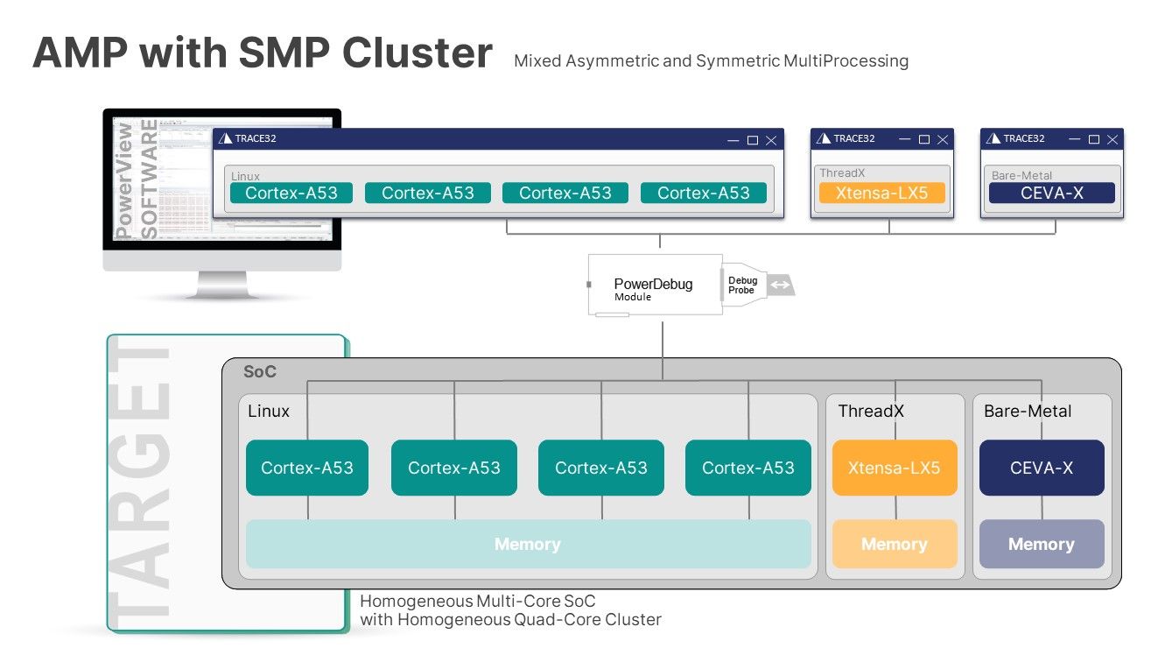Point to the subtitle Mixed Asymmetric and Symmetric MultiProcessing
click(x=711, y=61)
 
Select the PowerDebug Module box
click(x=653, y=285)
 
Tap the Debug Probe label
click(x=742, y=285)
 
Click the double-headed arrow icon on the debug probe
click(x=780, y=285)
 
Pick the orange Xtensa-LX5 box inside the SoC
click(x=894, y=468)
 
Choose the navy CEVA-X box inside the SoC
click(x=1041, y=468)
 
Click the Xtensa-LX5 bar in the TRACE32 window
click(x=881, y=193)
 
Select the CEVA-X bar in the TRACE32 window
click(x=1051, y=193)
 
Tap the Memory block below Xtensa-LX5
click(x=894, y=544)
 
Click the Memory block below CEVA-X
click(x=1041, y=544)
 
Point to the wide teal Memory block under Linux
click(x=528, y=544)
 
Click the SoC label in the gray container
click(x=260, y=372)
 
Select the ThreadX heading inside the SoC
click(x=871, y=411)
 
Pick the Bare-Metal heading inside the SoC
click(x=1028, y=411)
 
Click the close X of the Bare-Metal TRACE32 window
click(x=1112, y=139)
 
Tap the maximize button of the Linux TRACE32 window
click(x=752, y=139)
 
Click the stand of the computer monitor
click(x=222, y=285)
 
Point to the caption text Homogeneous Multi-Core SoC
click(x=478, y=602)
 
